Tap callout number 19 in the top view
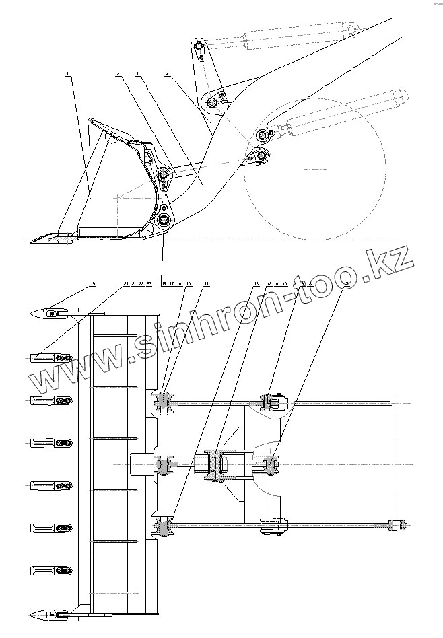[93, 285]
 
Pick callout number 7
[345, 285]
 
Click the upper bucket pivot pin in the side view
[163, 176]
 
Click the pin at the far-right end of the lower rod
[394, 525]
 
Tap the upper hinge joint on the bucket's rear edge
[164, 402]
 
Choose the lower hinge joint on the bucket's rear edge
[164, 526]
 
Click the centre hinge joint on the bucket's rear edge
[164, 464]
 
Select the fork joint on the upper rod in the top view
[272, 402]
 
